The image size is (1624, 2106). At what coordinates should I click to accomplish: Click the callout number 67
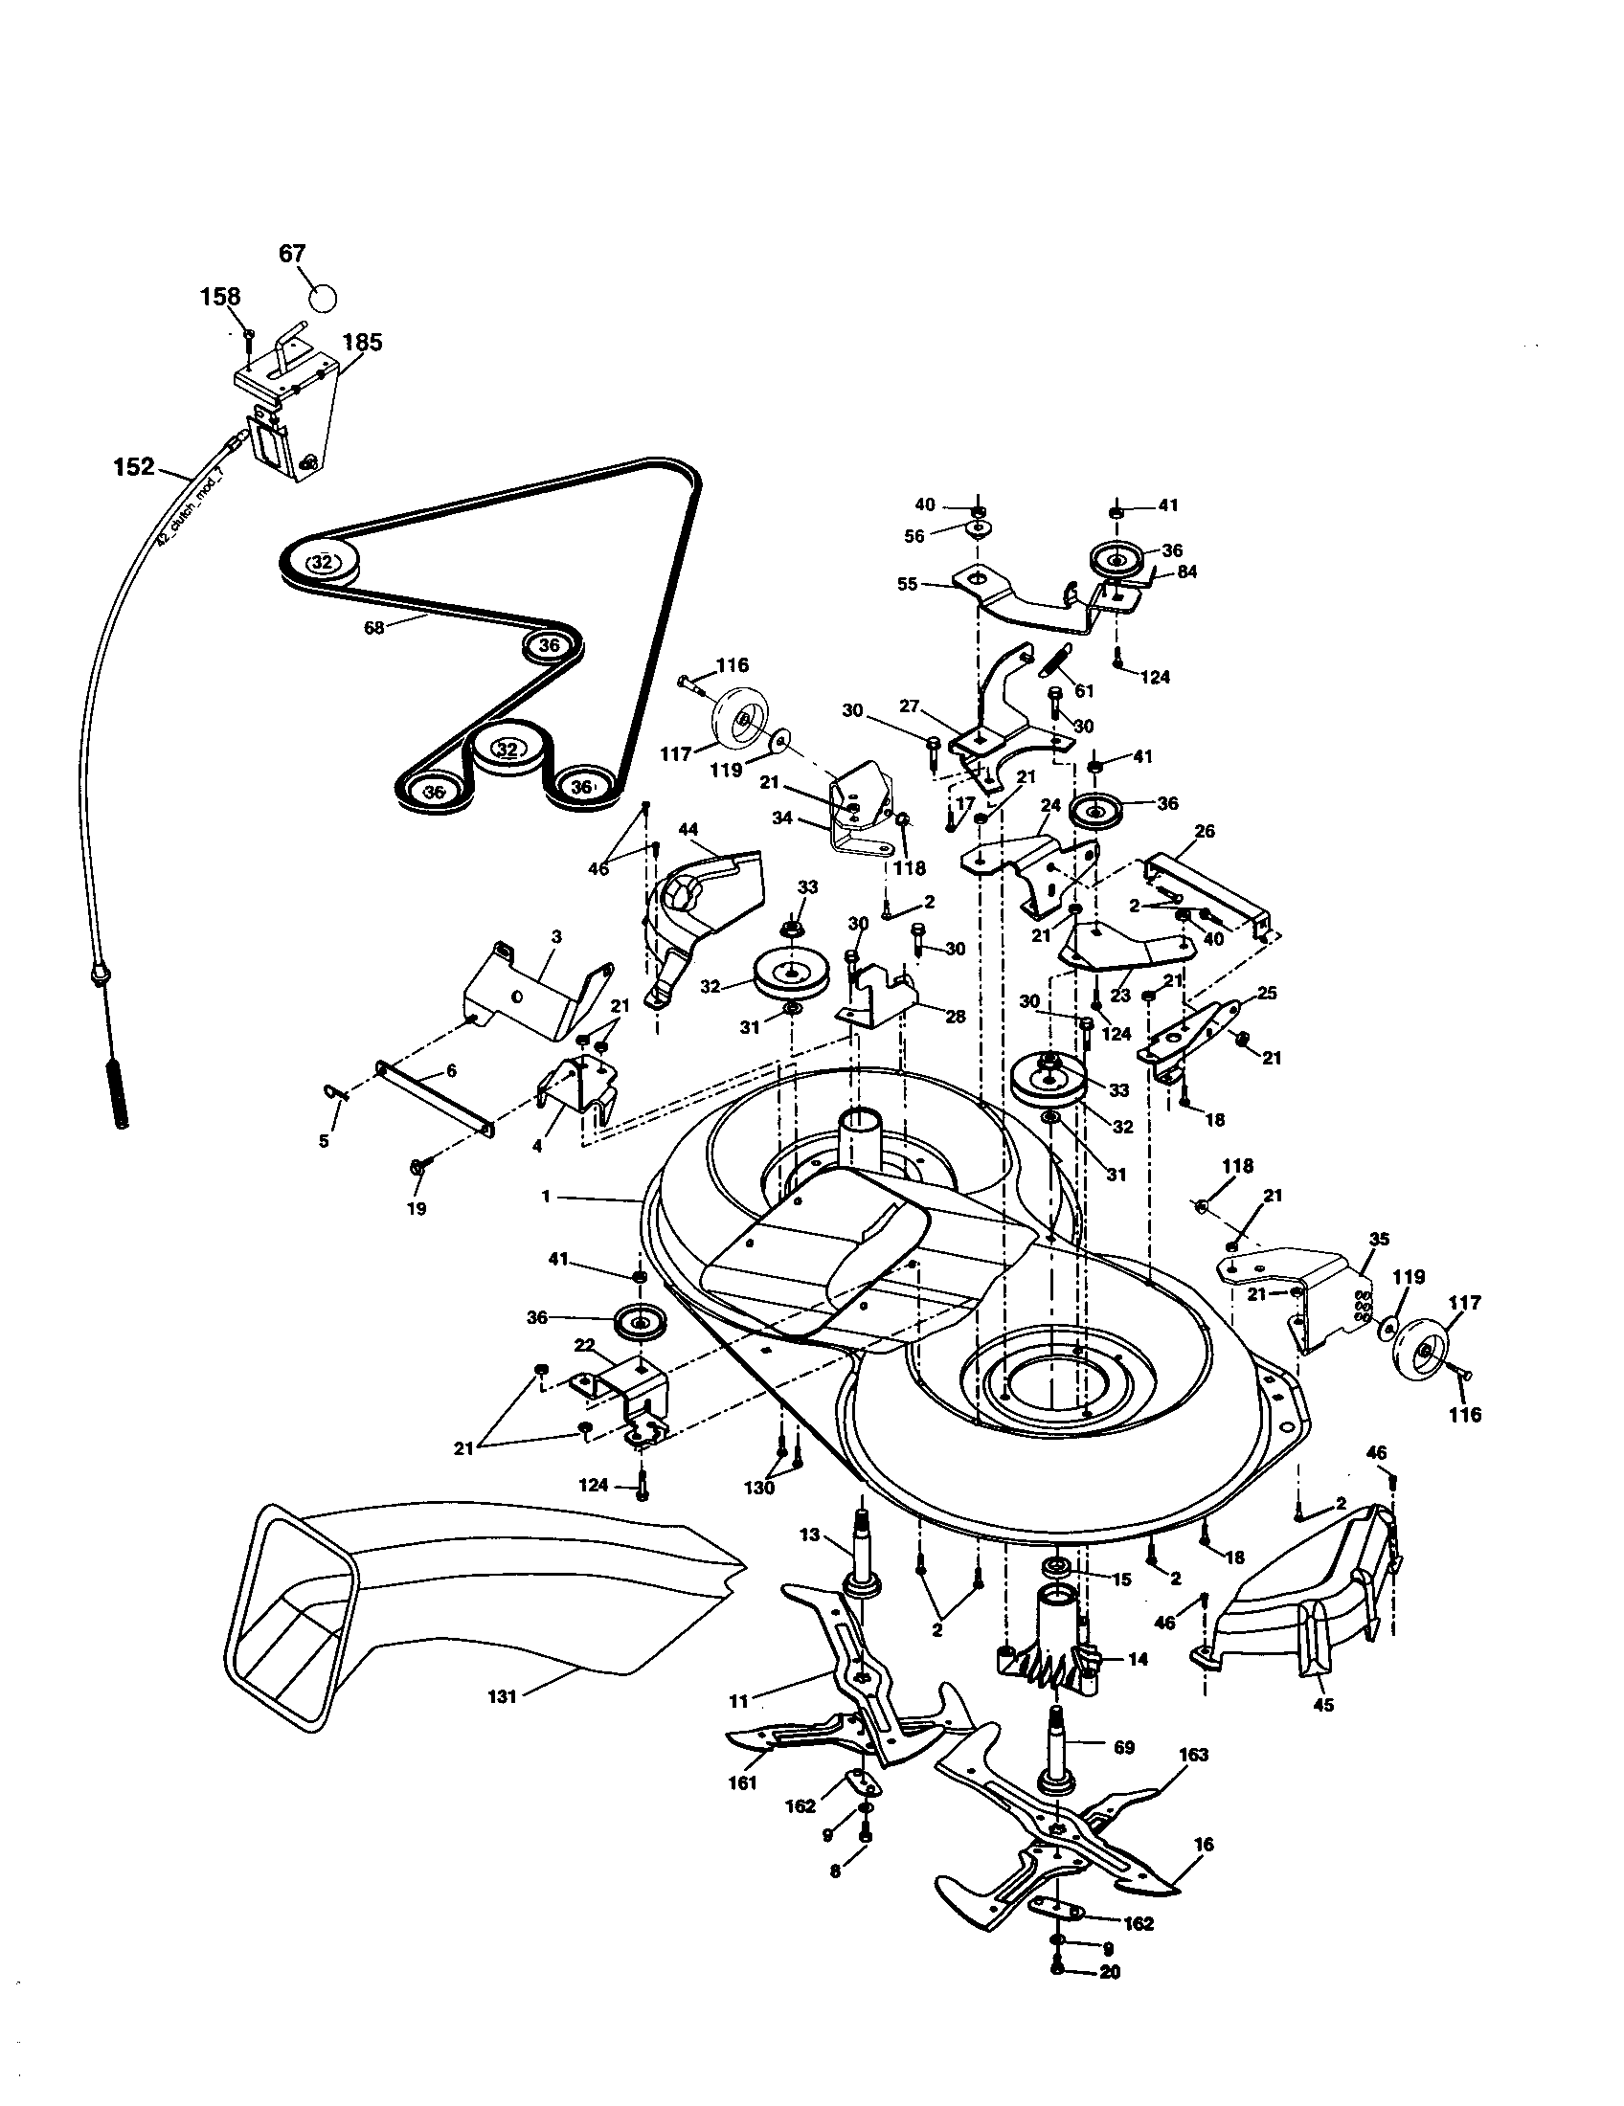pyautogui.click(x=292, y=254)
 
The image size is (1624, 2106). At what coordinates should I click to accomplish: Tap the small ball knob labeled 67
pyautogui.click(x=325, y=297)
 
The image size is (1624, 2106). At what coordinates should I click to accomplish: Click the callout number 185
pyautogui.click(x=362, y=342)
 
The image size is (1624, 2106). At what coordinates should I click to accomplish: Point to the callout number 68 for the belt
pyautogui.click(x=374, y=628)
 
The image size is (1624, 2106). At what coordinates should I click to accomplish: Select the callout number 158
pyautogui.click(x=220, y=297)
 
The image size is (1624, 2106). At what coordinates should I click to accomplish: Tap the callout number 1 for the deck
pyautogui.click(x=546, y=1197)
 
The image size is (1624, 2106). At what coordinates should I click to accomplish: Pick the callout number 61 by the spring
pyautogui.click(x=1085, y=690)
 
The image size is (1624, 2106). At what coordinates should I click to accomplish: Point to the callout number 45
pyautogui.click(x=1324, y=1705)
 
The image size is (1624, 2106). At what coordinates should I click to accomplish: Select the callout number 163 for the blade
pyautogui.click(x=1193, y=1754)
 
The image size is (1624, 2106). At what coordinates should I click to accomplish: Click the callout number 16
pyautogui.click(x=1204, y=1845)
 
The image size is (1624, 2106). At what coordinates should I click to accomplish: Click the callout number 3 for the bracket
pyautogui.click(x=556, y=936)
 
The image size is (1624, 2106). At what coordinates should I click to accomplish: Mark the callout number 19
pyautogui.click(x=416, y=1207)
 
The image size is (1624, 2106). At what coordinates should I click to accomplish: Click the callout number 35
pyautogui.click(x=1379, y=1239)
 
